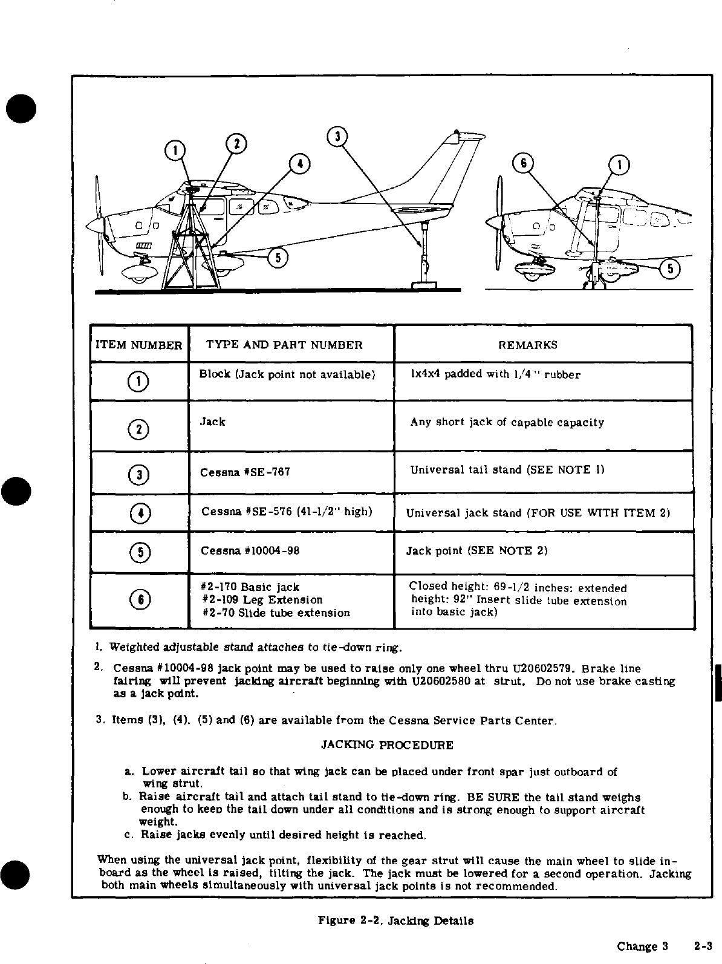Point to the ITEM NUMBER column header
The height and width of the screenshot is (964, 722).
138,345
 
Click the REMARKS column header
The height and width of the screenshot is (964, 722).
527,345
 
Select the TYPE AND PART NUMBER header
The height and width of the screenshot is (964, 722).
284,345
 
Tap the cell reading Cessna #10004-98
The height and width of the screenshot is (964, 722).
250,551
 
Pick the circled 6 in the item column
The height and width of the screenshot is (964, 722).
139,599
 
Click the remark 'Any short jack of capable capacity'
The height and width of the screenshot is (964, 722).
507,422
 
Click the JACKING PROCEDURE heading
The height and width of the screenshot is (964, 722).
386,744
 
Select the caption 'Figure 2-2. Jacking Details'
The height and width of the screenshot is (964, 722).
395,920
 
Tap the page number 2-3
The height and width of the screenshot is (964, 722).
704,946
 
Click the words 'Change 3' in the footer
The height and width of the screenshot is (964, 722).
642,946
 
